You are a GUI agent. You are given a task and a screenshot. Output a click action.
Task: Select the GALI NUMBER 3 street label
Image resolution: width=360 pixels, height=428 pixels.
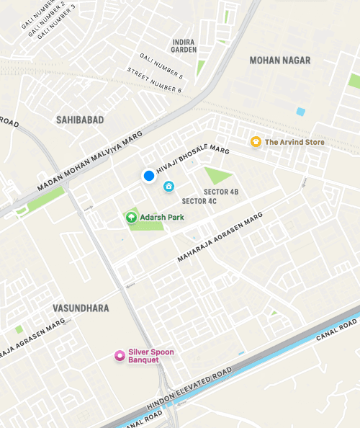(53, 25)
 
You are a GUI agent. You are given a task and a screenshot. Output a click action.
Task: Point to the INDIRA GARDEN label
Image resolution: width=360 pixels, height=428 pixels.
(184, 45)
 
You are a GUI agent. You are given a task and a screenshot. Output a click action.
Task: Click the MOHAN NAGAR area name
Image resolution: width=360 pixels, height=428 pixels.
(279, 61)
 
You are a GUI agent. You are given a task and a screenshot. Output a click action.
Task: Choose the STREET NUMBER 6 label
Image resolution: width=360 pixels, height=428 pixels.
(154, 80)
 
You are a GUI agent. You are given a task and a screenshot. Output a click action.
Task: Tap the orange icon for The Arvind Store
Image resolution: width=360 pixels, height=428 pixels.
(255, 142)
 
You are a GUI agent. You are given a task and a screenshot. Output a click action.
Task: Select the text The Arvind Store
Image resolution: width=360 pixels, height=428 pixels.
(294, 142)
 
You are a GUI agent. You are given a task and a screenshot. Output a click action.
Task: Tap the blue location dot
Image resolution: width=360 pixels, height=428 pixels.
(149, 176)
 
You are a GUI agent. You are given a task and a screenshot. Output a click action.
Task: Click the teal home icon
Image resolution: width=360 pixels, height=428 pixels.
(169, 187)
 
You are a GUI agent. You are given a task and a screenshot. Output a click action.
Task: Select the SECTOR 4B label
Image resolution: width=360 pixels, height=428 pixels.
(221, 192)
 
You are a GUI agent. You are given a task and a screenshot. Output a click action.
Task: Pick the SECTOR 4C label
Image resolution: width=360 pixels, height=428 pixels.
(199, 201)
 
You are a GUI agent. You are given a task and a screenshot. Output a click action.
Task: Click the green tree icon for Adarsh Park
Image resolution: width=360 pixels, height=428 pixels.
(131, 216)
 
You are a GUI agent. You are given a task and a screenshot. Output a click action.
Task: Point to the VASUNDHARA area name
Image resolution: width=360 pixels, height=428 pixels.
(81, 308)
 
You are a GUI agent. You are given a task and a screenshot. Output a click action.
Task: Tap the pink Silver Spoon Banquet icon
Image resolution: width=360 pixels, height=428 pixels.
(120, 355)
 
